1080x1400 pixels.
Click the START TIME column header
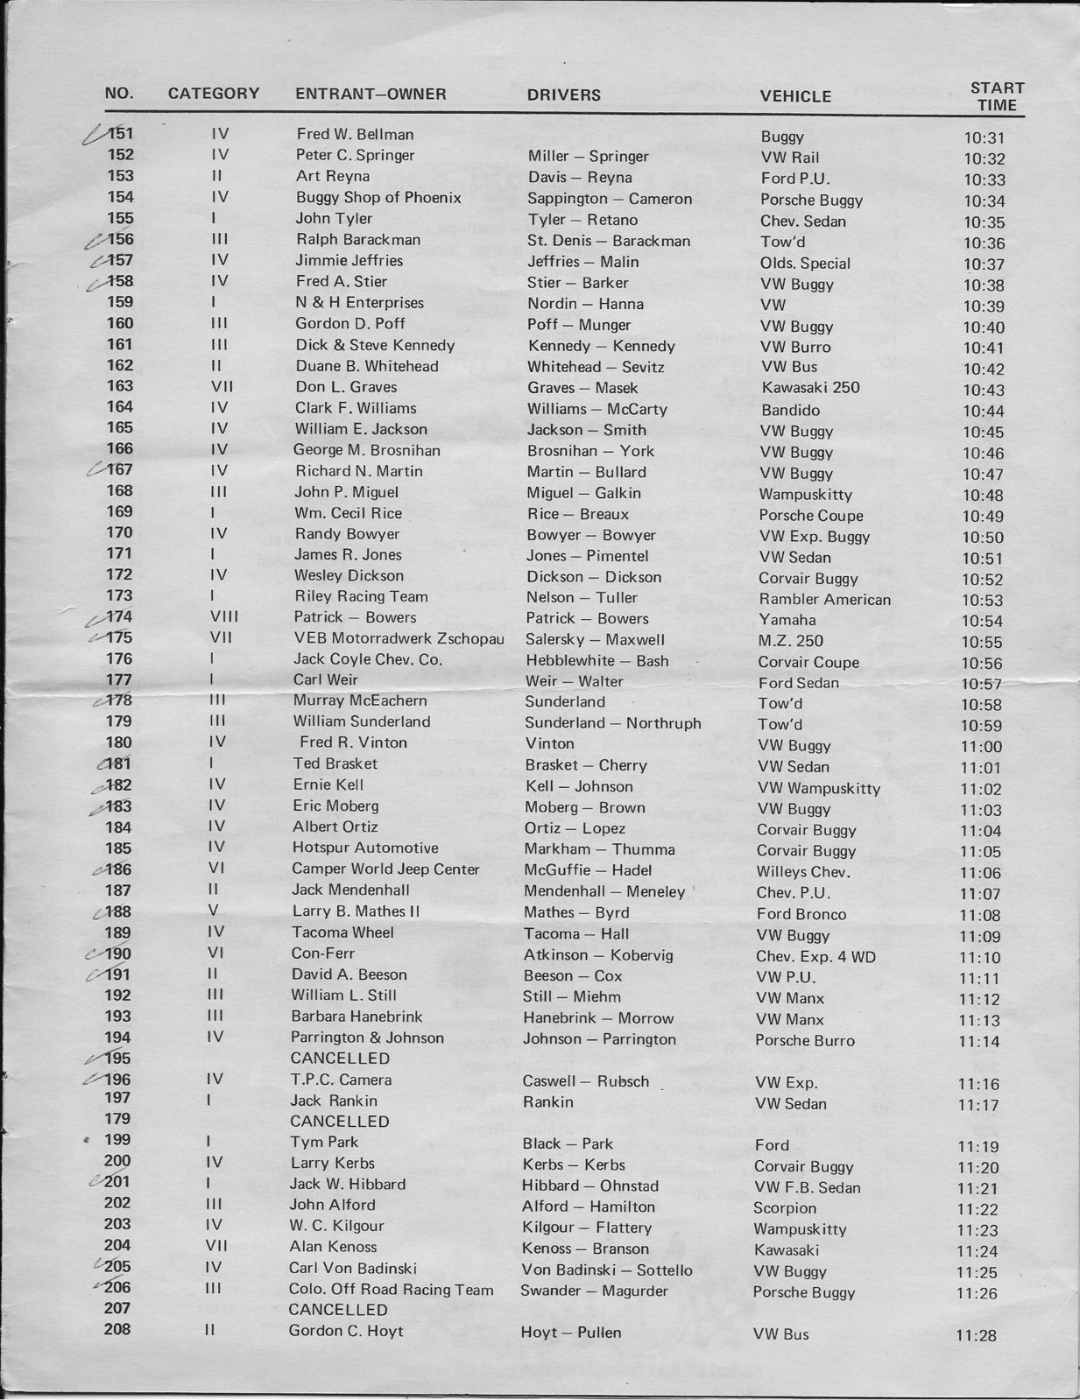(997, 96)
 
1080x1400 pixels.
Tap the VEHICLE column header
(795, 96)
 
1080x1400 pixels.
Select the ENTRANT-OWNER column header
(371, 94)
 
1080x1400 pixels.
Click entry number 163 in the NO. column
(120, 386)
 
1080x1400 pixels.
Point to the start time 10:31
(985, 137)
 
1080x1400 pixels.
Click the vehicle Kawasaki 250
(810, 387)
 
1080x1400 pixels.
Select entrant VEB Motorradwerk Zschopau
(399, 638)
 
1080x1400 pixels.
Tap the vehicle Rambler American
(824, 600)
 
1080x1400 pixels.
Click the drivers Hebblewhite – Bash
(596, 661)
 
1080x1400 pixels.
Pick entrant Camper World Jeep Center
(385, 869)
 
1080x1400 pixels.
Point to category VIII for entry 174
(224, 617)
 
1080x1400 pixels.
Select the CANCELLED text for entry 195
(340, 1059)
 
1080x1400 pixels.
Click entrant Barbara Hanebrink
(356, 1017)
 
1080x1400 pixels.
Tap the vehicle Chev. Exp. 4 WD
(815, 957)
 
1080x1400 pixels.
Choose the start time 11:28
(977, 1335)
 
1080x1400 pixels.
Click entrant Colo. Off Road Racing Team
(391, 1290)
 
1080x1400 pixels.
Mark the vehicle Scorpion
(785, 1208)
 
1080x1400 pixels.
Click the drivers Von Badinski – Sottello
(607, 1270)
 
